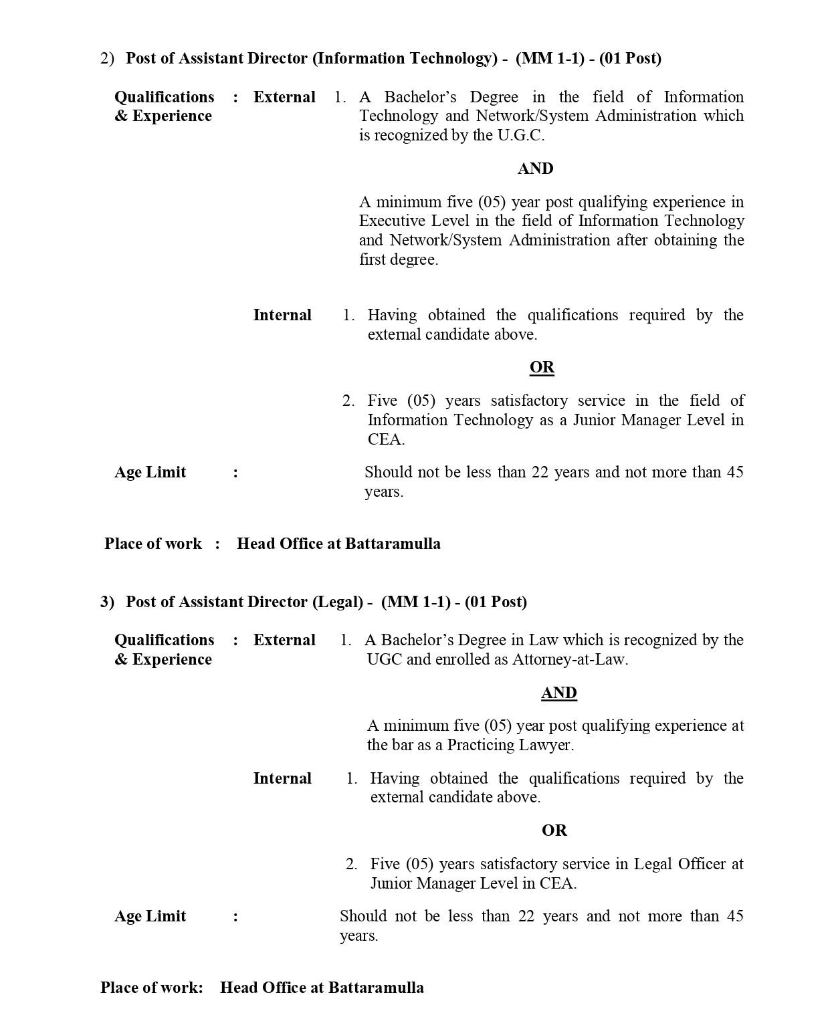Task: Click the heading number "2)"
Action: point(107,59)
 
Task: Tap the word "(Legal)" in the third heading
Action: point(338,602)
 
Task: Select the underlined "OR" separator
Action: point(542,367)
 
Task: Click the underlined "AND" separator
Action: point(558,693)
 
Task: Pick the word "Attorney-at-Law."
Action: point(570,659)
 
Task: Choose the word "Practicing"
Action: point(476,745)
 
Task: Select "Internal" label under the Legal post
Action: point(282,778)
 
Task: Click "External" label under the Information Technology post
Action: point(284,97)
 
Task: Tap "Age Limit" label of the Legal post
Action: point(150,916)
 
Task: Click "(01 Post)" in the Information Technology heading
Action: point(630,59)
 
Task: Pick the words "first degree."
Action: point(399,259)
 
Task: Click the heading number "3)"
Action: point(107,602)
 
